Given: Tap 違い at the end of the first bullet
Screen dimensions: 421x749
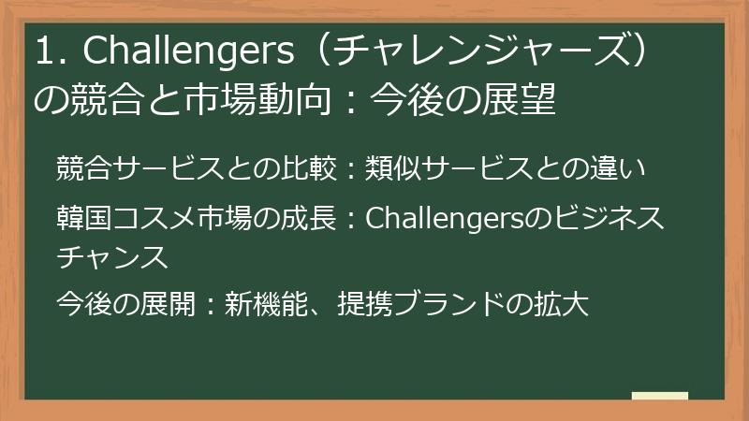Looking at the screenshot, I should (x=624, y=170).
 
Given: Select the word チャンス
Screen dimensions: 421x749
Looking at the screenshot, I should (x=111, y=255).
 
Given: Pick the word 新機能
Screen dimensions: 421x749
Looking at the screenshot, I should (x=267, y=304).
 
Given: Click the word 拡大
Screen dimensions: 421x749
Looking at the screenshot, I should (x=561, y=304).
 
